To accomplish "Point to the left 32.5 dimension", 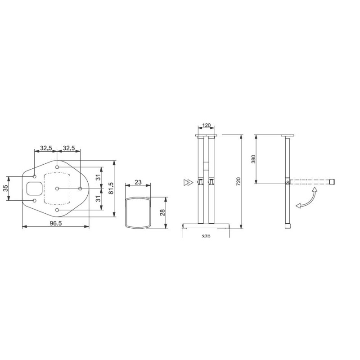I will [45, 147].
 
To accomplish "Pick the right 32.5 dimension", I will [69, 147].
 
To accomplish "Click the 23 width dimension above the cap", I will [138, 182].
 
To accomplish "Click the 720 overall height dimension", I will [238, 181].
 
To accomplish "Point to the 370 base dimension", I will [207, 235].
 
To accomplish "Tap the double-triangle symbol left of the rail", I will [188, 182].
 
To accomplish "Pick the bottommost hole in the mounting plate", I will [57, 210].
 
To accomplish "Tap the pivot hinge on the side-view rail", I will [287, 182].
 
